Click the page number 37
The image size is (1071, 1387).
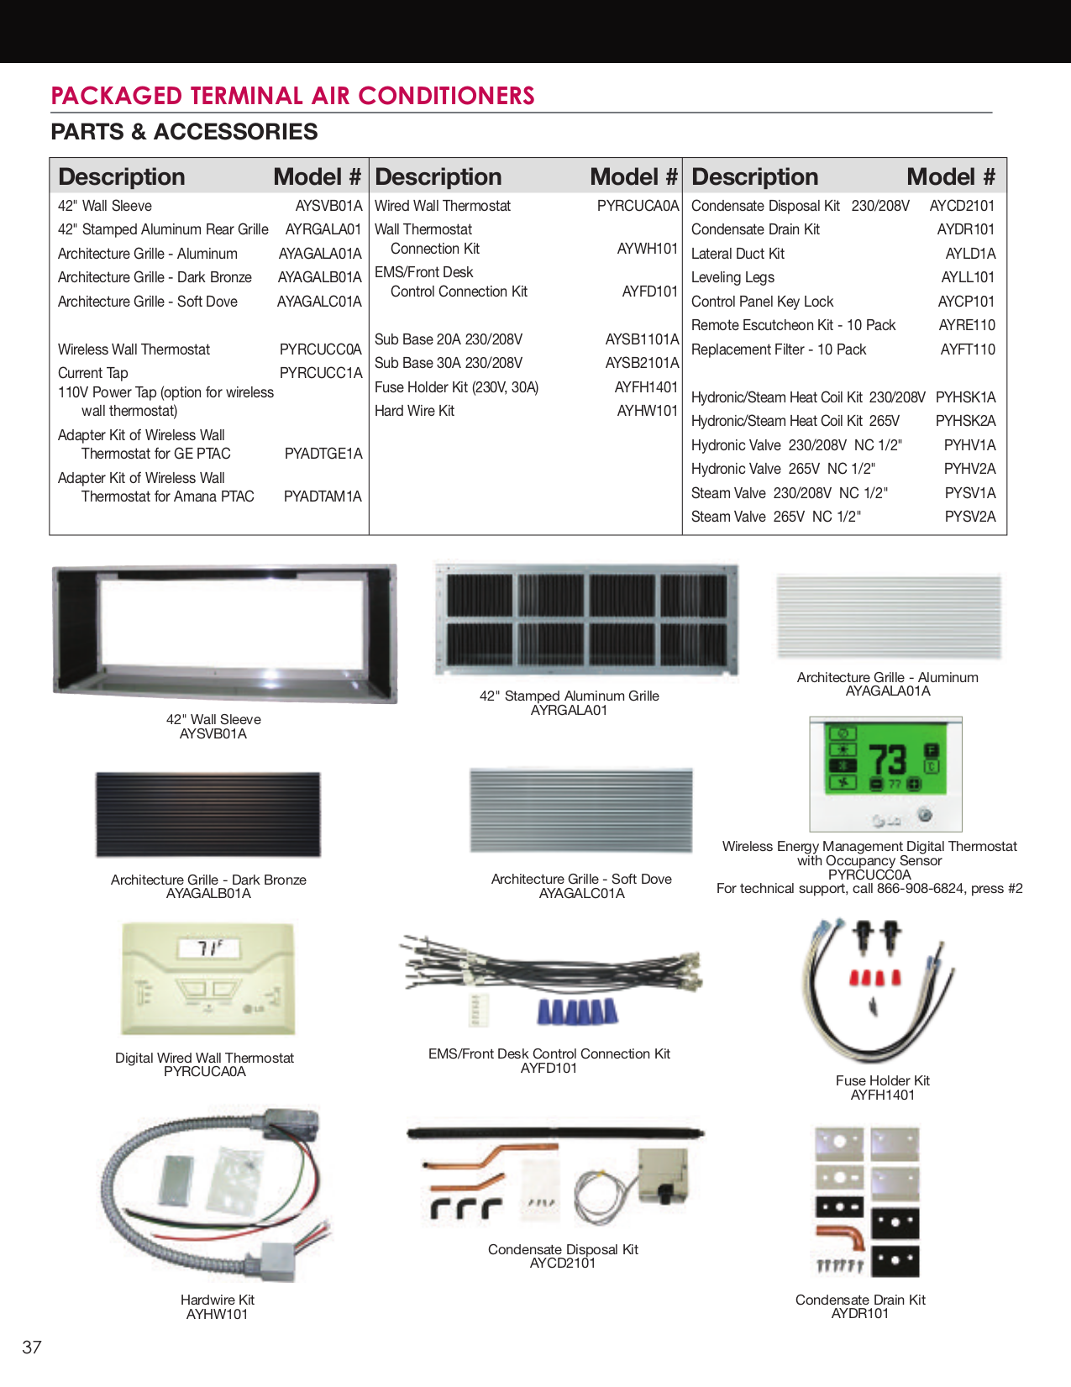click(x=32, y=1348)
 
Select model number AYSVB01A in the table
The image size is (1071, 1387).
click(x=328, y=206)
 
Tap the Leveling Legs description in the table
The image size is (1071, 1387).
click(x=732, y=277)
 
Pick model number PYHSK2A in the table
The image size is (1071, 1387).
click(x=965, y=421)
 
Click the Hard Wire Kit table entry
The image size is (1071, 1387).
click(x=414, y=411)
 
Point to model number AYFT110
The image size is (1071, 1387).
click(x=968, y=349)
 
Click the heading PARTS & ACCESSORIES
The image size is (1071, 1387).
click(x=184, y=132)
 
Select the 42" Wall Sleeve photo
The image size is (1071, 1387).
click(x=224, y=634)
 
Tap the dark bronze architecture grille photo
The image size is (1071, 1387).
click(x=208, y=814)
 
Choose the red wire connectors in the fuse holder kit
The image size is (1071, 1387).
click(x=875, y=979)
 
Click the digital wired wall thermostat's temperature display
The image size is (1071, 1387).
click(x=208, y=948)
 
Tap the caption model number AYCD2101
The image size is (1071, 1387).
click(x=563, y=1264)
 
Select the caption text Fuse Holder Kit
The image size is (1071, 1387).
click(x=882, y=1080)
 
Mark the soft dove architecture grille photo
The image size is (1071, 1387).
click(x=581, y=811)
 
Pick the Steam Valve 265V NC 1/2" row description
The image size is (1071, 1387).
click(x=775, y=517)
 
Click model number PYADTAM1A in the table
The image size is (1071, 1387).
click(x=323, y=496)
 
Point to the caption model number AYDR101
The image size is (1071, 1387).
click(x=859, y=1314)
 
